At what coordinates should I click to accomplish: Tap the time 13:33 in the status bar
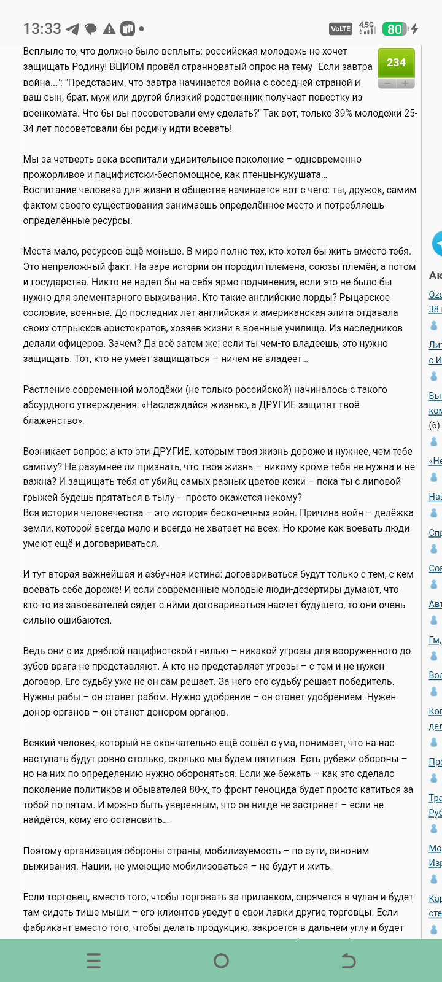(42, 29)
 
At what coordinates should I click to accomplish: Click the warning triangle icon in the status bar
(109, 29)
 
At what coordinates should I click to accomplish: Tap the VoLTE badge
(341, 29)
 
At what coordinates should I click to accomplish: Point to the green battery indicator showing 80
(395, 29)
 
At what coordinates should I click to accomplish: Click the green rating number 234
(396, 63)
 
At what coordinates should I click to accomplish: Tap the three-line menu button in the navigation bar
(93, 961)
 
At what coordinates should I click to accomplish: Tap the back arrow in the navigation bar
(348, 961)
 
